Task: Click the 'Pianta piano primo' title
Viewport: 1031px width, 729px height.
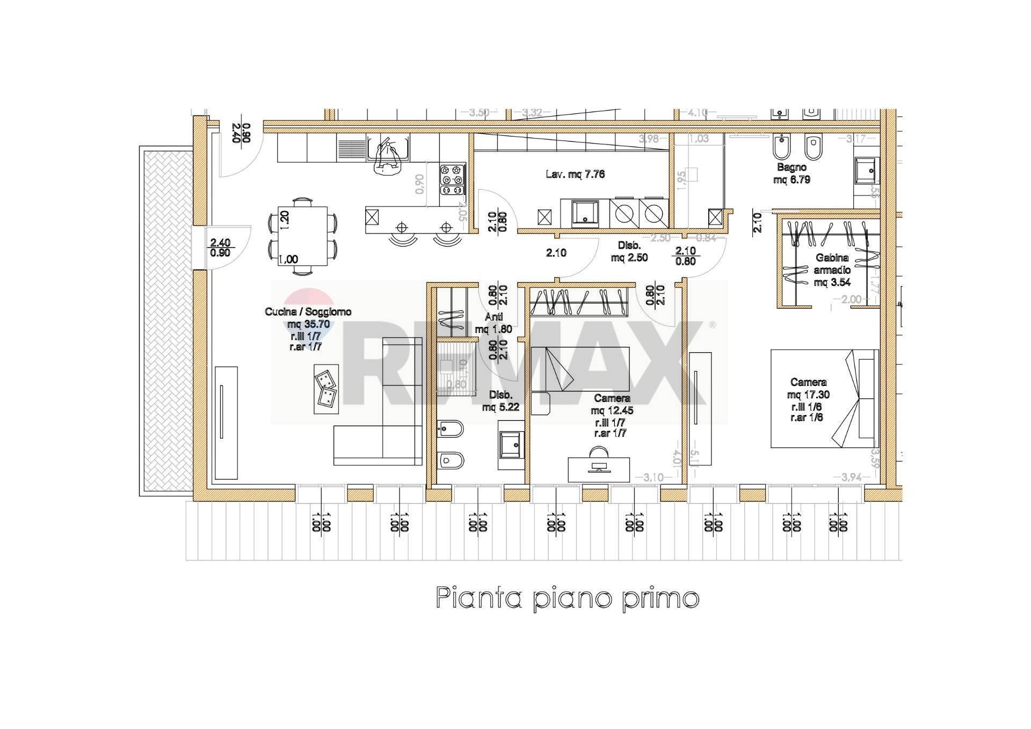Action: tap(567, 597)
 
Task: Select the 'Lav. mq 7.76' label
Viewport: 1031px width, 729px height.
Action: tap(575, 174)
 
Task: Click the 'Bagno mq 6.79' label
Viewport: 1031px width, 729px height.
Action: tap(792, 173)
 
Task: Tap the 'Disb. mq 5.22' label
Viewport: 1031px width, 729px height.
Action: tap(500, 401)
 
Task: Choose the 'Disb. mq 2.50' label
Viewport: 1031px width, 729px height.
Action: tap(629, 251)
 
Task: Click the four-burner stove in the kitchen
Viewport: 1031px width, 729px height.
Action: tap(452, 179)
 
